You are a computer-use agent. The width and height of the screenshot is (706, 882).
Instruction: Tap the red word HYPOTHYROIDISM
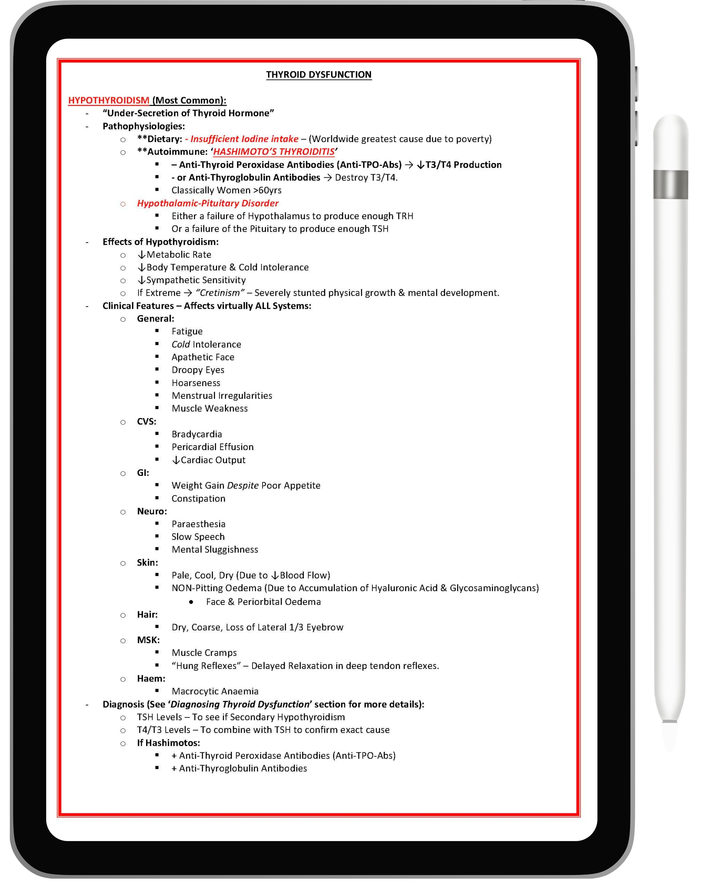point(108,100)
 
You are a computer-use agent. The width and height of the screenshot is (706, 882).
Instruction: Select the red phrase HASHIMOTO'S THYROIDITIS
point(274,152)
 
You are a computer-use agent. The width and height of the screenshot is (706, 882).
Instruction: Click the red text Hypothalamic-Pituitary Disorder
point(208,203)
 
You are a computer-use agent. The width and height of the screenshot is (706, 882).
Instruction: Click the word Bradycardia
point(196,434)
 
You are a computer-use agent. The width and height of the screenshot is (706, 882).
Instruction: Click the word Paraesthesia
point(198,524)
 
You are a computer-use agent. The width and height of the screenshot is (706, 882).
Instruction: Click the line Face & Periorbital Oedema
point(263,602)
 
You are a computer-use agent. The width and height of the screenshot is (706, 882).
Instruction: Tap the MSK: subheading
point(148,640)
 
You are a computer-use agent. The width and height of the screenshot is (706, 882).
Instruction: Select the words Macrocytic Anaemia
point(215,691)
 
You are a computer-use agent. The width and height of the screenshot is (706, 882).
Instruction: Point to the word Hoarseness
point(196,383)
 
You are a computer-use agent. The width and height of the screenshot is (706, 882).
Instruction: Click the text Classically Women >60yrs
point(226,190)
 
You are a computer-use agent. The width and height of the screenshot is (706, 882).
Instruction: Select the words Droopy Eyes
point(198,370)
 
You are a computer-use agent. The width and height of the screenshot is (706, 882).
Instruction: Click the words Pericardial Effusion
point(212,447)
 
